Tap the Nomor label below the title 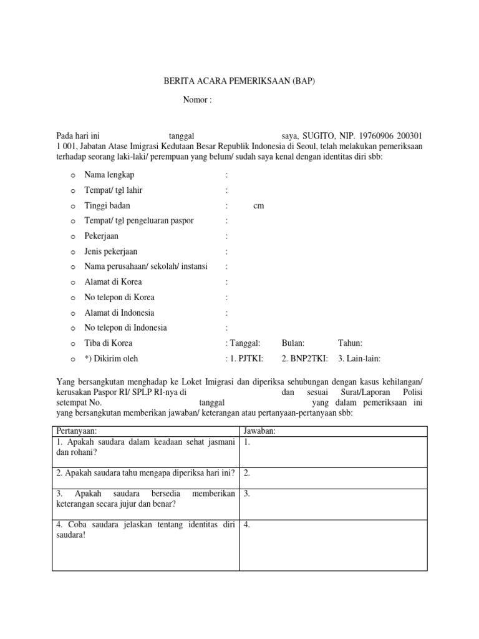[x=198, y=100]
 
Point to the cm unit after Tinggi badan [x=259, y=206]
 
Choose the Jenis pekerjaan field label [x=112, y=251]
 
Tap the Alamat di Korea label [x=113, y=282]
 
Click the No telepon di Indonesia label [x=126, y=328]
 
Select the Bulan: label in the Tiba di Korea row [x=293, y=343]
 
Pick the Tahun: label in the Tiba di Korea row [x=350, y=343]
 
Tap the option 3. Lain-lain [x=359, y=359]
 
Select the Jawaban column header [x=261, y=431]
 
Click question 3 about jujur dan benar [x=145, y=499]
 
